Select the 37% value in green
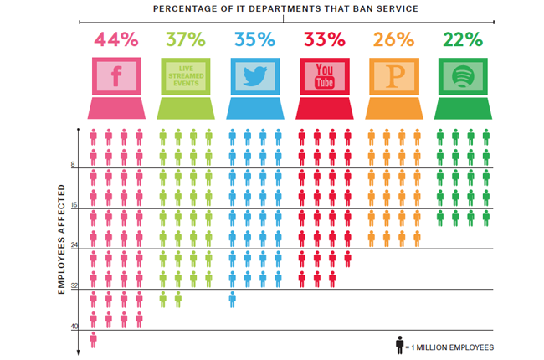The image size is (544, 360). pyautogui.click(x=184, y=39)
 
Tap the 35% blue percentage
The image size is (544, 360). pyautogui.click(x=254, y=39)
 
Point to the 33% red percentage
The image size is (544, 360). pyautogui.click(x=324, y=39)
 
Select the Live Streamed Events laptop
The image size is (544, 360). pyautogui.click(x=184, y=84)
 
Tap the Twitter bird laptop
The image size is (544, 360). pyautogui.click(x=254, y=84)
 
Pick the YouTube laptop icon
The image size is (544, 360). pyautogui.click(x=324, y=84)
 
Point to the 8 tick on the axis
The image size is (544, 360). pyautogui.click(x=73, y=165)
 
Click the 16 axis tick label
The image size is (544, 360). pyautogui.click(x=73, y=205)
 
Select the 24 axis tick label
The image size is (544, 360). pyautogui.click(x=73, y=245)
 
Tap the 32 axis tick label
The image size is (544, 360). pyautogui.click(x=73, y=285)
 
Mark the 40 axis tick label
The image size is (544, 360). pyautogui.click(x=73, y=326)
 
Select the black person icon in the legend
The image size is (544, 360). pyautogui.click(x=401, y=344)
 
